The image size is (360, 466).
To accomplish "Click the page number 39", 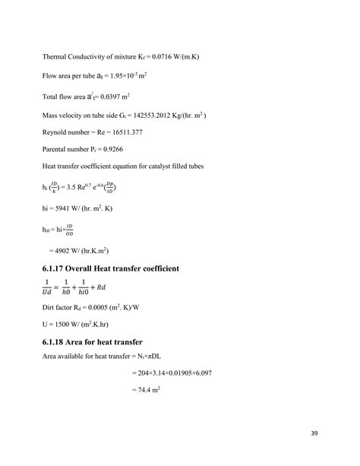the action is coord(314,434).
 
